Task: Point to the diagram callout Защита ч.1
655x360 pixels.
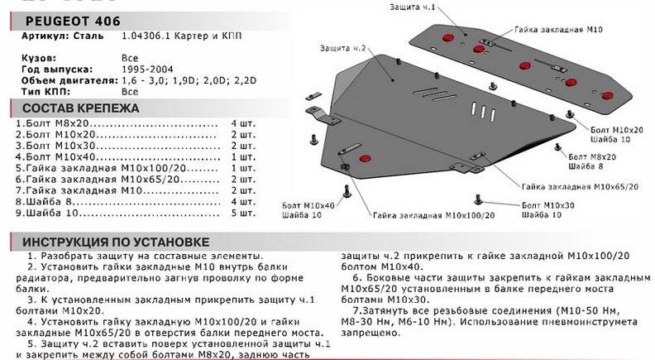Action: tap(411, 8)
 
